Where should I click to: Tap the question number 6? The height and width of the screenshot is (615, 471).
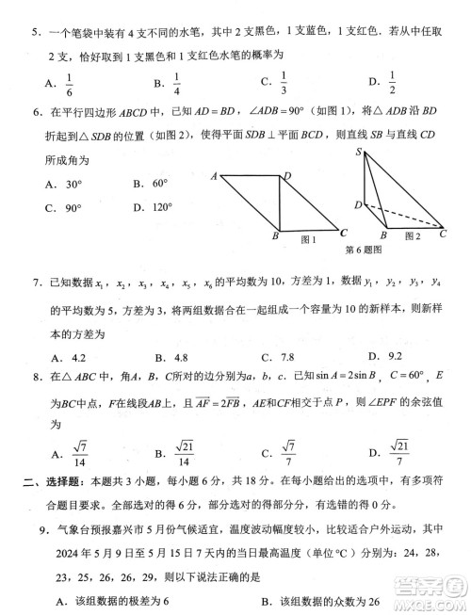pos(35,112)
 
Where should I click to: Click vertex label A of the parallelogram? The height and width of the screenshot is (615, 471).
pos(214,176)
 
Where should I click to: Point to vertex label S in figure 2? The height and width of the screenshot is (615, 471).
pos(359,152)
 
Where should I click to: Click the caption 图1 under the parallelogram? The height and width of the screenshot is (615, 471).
pos(307,239)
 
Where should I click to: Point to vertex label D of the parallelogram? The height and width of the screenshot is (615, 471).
pos(287,175)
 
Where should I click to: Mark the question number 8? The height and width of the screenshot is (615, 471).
pos(35,379)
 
